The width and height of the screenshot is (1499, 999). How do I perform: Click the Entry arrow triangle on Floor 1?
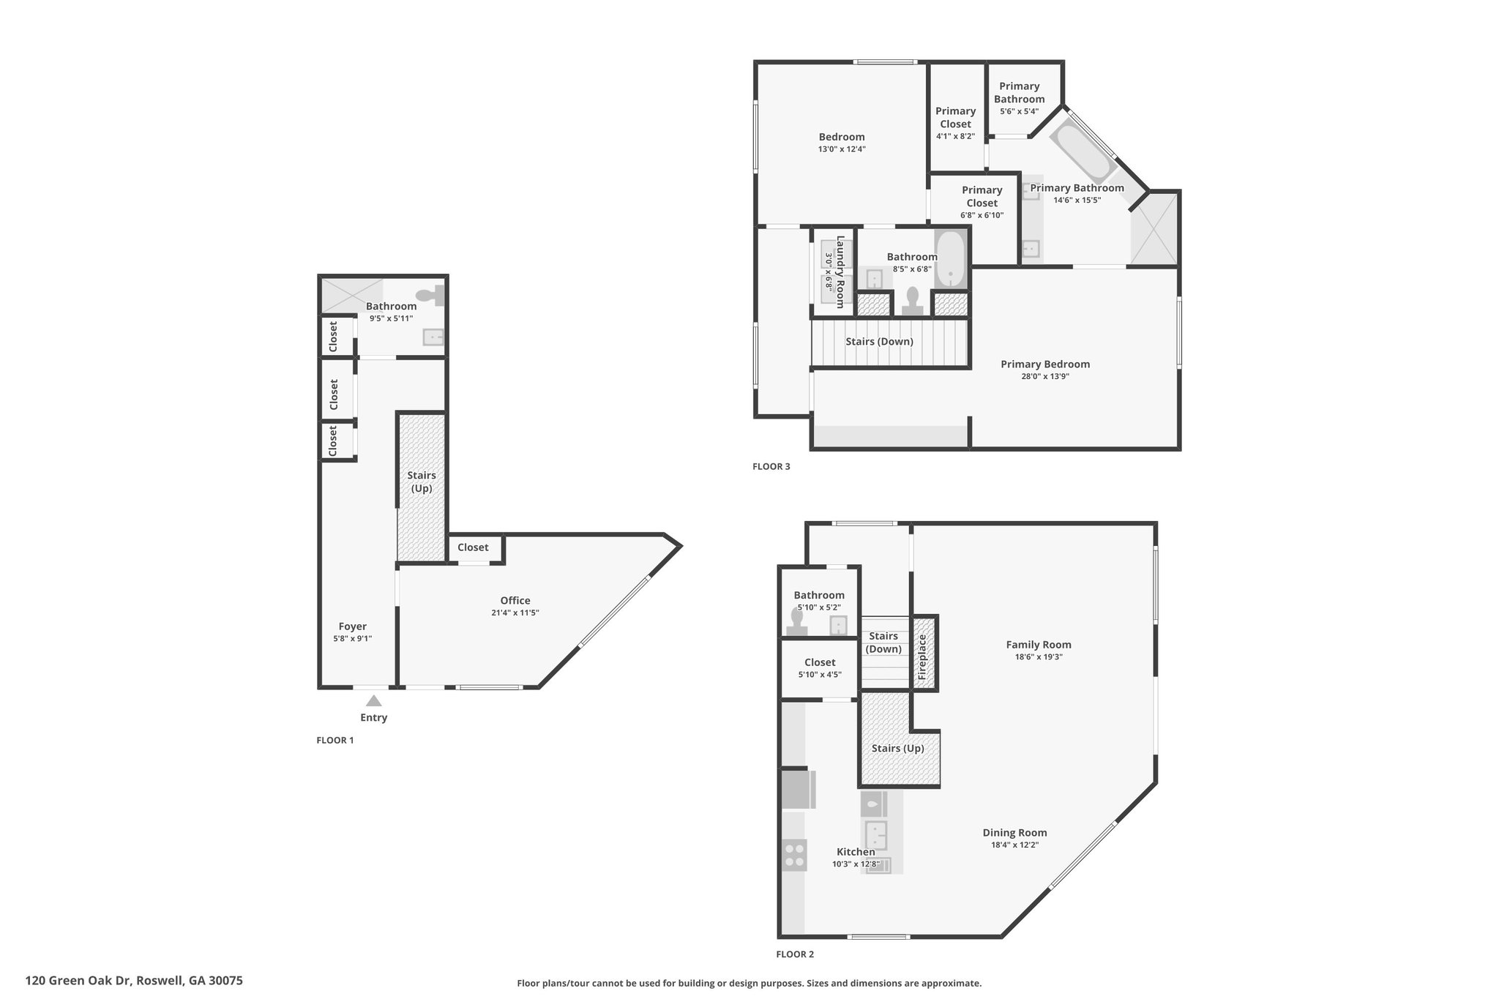373,700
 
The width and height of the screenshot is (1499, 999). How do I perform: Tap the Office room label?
515,600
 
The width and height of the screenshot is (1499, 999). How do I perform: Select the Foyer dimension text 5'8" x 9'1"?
352,638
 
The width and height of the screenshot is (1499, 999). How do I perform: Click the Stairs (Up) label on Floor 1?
422,482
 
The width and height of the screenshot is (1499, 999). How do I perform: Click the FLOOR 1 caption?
334,740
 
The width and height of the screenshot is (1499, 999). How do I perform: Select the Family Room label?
1039,645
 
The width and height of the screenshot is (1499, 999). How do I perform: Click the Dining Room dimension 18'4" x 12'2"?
1014,845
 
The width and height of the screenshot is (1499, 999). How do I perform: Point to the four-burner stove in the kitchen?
794,855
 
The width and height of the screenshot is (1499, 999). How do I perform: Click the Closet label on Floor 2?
820,662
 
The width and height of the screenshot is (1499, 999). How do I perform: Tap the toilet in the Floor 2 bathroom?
796,621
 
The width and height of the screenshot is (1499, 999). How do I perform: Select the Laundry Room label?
840,272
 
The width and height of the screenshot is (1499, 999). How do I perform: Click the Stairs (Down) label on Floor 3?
879,341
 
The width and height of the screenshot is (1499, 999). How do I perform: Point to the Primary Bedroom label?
1045,364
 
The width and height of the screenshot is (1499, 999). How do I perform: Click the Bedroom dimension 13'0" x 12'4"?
842,149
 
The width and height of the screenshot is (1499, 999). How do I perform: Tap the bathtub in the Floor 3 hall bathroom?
952,259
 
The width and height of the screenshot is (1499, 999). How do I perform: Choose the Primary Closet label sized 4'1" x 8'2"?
956,117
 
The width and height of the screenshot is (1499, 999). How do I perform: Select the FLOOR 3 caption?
771,466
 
